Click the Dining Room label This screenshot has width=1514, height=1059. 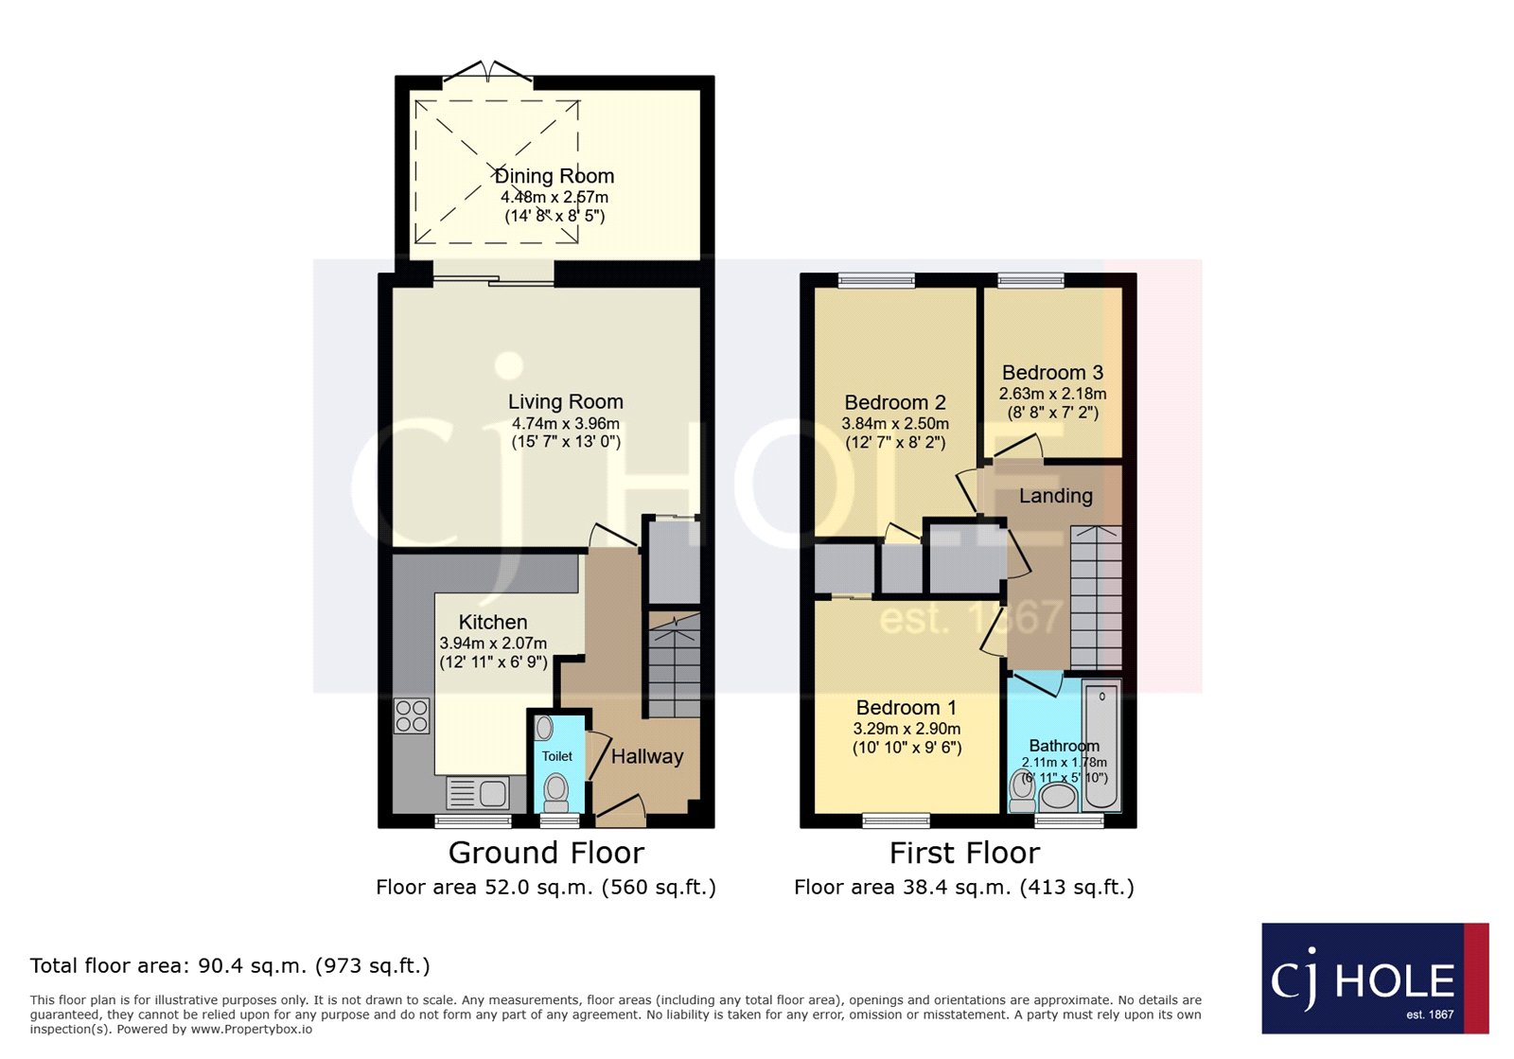(x=555, y=176)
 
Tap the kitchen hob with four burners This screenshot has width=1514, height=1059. (x=412, y=715)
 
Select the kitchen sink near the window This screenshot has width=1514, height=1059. (x=479, y=793)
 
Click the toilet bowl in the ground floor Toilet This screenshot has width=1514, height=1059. (x=556, y=790)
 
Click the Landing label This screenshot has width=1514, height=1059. (x=1055, y=496)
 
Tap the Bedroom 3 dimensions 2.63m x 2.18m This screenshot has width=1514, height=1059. (x=1052, y=394)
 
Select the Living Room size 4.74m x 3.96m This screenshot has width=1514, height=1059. (x=566, y=424)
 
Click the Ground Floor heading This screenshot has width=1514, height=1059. (x=546, y=853)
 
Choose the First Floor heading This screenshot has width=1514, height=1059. (x=964, y=853)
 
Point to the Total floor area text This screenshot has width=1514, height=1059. (x=230, y=965)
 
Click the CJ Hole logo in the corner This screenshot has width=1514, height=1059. (x=1374, y=979)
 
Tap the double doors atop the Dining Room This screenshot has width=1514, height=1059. (x=488, y=74)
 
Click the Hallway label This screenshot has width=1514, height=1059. (x=646, y=756)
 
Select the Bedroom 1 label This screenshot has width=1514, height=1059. (x=906, y=708)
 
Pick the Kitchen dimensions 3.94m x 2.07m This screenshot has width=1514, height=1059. (x=493, y=644)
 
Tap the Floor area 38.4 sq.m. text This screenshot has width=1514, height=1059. (x=963, y=887)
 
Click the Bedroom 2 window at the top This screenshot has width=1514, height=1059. (x=877, y=279)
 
